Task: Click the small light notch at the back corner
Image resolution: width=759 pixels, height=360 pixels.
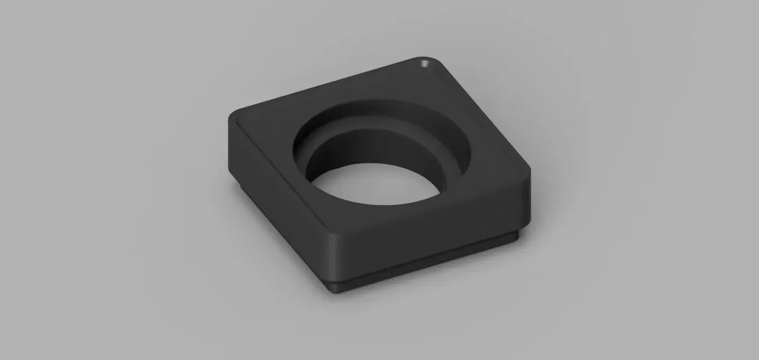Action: [x=425, y=63]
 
